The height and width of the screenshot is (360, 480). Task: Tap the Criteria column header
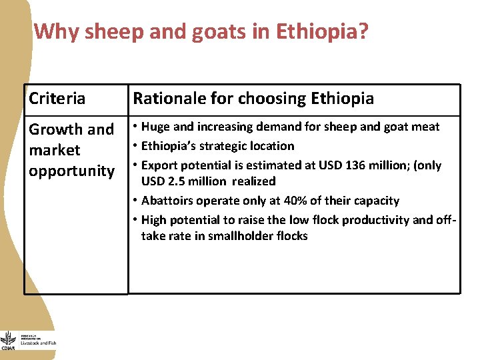click(x=57, y=99)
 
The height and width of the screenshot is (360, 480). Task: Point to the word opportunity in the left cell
click(x=71, y=171)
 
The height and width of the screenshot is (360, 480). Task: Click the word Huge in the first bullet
click(x=156, y=127)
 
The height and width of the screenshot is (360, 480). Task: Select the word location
click(x=271, y=146)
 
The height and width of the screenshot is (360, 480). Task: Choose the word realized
click(x=253, y=181)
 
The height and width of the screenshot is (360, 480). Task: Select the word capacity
click(x=377, y=201)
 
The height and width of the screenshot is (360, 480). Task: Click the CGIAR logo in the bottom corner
click(x=8, y=341)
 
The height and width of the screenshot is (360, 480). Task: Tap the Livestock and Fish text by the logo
click(x=39, y=343)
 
